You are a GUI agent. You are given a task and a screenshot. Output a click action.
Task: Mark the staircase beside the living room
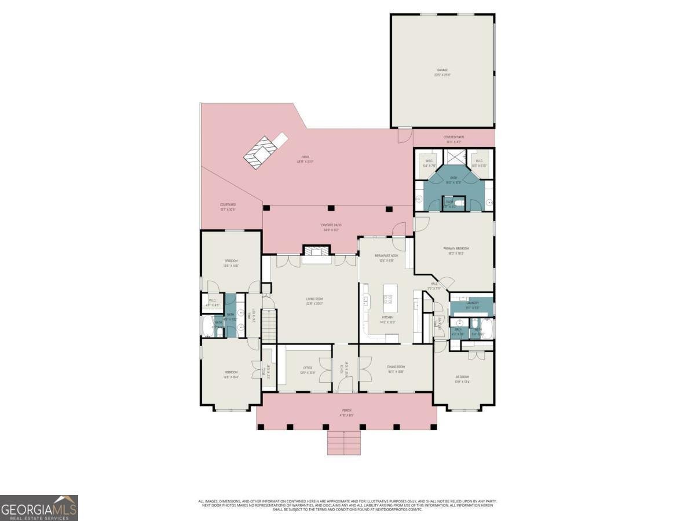click(268, 327)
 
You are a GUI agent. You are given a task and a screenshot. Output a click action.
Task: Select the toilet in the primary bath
click(459, 203)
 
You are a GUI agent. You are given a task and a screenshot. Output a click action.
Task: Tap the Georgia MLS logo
click(39, 508)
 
